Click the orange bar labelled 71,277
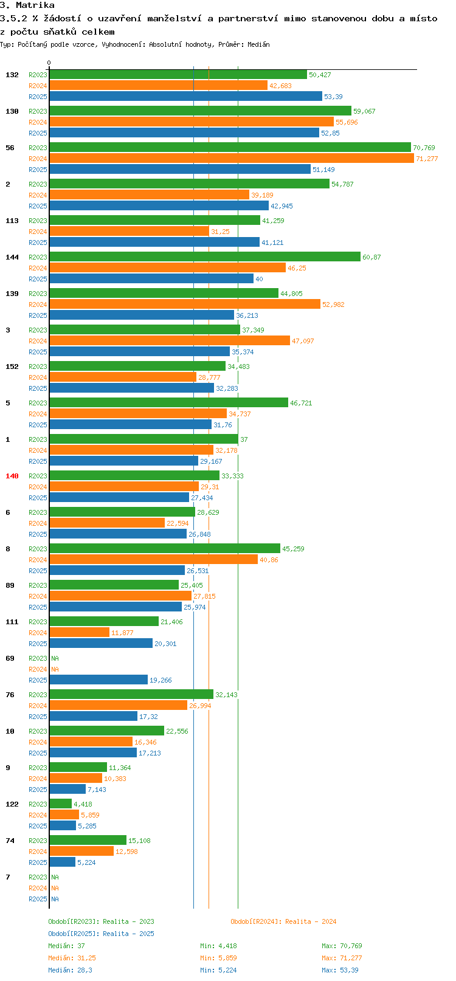231,159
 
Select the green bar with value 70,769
230,148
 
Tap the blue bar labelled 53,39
185,97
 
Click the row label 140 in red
12,476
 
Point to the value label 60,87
371,257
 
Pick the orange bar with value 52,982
184,305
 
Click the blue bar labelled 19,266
98,680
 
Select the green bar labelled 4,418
60,804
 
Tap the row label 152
12,367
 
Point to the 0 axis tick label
49,63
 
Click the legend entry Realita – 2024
283,921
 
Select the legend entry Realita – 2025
101,934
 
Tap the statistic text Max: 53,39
340,970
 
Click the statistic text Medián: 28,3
70,970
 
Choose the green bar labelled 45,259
164,549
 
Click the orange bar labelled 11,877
79,633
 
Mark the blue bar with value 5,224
62,862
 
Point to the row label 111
12,622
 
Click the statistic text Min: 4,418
218,946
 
